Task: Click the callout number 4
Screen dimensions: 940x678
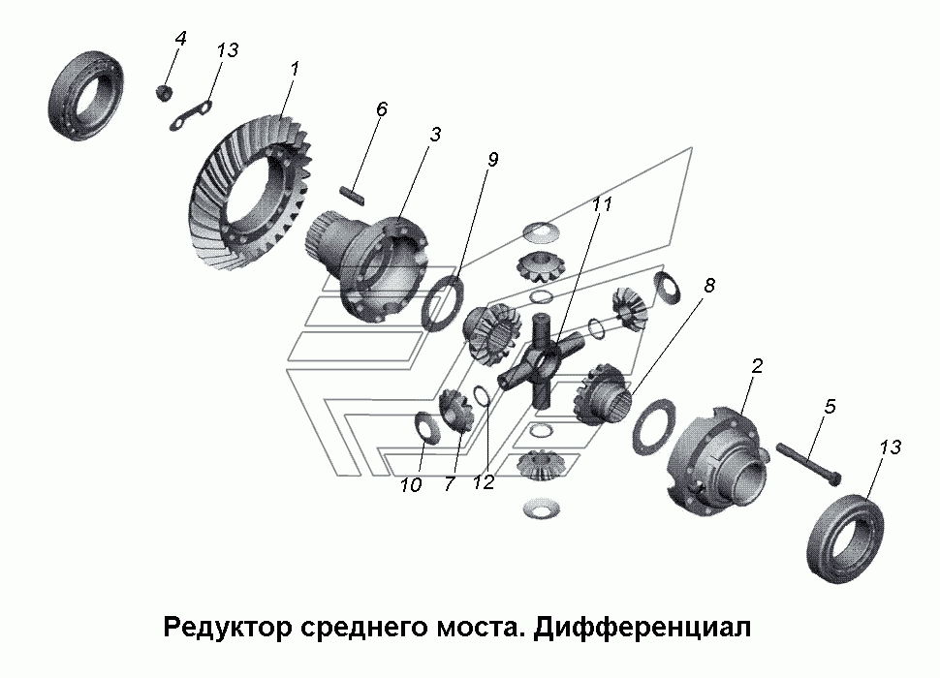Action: [180, 39]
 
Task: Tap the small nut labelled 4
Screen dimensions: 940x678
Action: [164, 93]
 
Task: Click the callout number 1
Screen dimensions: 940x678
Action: [294, 69]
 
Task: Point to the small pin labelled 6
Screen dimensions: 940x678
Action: [352, 193]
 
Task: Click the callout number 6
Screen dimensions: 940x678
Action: [382, 109]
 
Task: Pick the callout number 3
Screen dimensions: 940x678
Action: [435, 135]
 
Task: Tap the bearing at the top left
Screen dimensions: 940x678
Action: [85, 97]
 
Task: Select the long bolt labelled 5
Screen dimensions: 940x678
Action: [808, 462]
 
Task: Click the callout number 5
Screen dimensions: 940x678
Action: [830, 407]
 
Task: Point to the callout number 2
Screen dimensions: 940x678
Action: [757, 366]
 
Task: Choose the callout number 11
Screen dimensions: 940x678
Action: [602, 204]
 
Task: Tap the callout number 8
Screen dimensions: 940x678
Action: [709, 286]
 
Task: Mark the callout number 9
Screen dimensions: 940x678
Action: [493, 160]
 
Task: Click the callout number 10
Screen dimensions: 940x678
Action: [411, 485]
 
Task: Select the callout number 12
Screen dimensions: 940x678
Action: [484, 482]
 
